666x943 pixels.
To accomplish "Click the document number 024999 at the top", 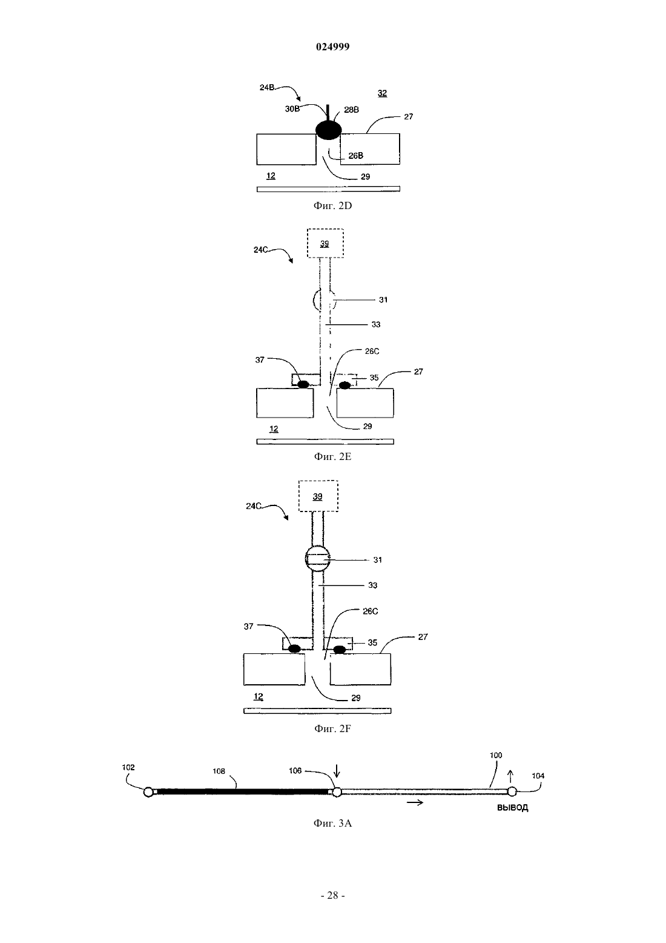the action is point(332,47).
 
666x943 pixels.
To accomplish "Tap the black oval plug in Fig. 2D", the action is point(328,130).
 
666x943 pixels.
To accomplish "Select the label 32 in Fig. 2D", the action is point(382,93).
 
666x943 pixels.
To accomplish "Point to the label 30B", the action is point(292,109).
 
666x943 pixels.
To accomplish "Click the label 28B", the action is point(352,110).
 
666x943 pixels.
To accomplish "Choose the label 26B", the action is point(356,156).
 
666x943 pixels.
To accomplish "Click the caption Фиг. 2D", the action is point(332,206).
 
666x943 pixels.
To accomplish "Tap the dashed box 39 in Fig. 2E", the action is point(325,244).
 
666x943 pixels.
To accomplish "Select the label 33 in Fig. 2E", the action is point(376,325).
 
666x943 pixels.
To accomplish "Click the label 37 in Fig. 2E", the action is point(260,360).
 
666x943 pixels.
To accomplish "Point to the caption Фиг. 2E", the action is point(332,457).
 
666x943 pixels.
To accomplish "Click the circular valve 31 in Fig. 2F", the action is point(317,558).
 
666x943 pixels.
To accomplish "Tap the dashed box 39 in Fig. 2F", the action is point(318,496).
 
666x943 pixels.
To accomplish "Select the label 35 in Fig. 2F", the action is point(372,643).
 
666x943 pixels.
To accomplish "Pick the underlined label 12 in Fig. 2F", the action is point(258,697).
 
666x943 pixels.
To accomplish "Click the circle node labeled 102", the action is point(148,792).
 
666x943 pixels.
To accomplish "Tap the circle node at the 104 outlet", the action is point(512,791).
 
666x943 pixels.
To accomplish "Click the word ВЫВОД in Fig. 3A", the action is point(513,808).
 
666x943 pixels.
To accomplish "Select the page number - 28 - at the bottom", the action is point(332,896).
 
